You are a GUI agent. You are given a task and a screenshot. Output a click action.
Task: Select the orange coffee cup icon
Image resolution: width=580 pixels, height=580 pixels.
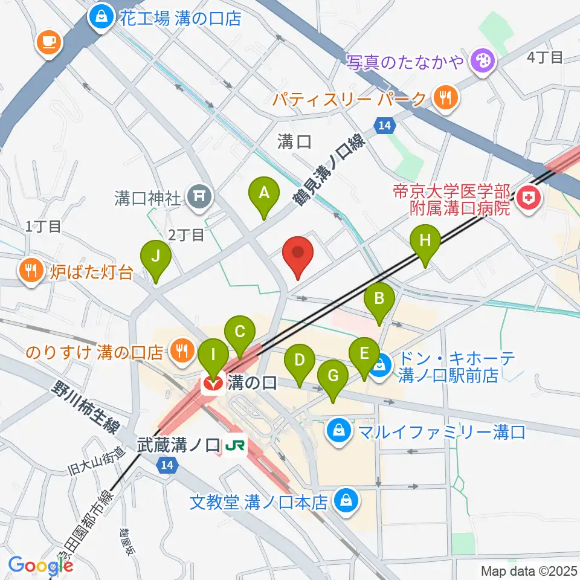(48, 41)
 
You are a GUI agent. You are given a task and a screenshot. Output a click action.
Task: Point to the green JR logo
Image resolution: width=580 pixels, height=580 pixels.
(232, 446)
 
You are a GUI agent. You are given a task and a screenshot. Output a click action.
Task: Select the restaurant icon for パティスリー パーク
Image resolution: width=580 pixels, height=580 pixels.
(446, 98)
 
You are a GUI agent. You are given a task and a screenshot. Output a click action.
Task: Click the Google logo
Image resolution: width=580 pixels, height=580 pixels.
(40, 565)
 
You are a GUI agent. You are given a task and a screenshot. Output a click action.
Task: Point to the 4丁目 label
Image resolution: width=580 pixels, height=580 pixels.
(544, 58)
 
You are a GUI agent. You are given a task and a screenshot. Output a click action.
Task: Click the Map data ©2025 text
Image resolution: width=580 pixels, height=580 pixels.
(529, 570)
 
